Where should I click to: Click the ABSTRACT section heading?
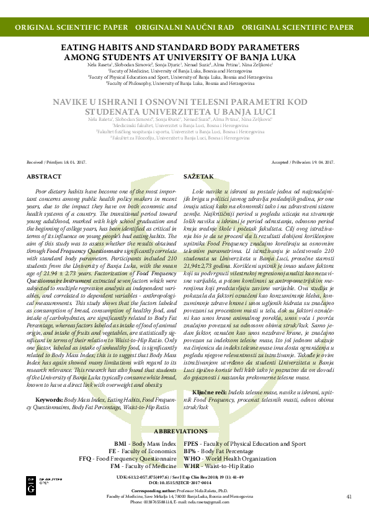[44, 177]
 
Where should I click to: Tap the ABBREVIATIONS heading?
[184, 430]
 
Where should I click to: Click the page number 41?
[349, 497]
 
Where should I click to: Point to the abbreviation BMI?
[120, 444]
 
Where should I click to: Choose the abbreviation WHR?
[192, 465]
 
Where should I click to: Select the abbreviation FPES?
[191, 444]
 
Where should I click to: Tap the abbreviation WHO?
[192, 458]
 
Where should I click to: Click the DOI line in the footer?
[184, 482]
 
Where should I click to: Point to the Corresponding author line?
[184, 490]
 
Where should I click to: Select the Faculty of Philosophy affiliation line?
[184, 82]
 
